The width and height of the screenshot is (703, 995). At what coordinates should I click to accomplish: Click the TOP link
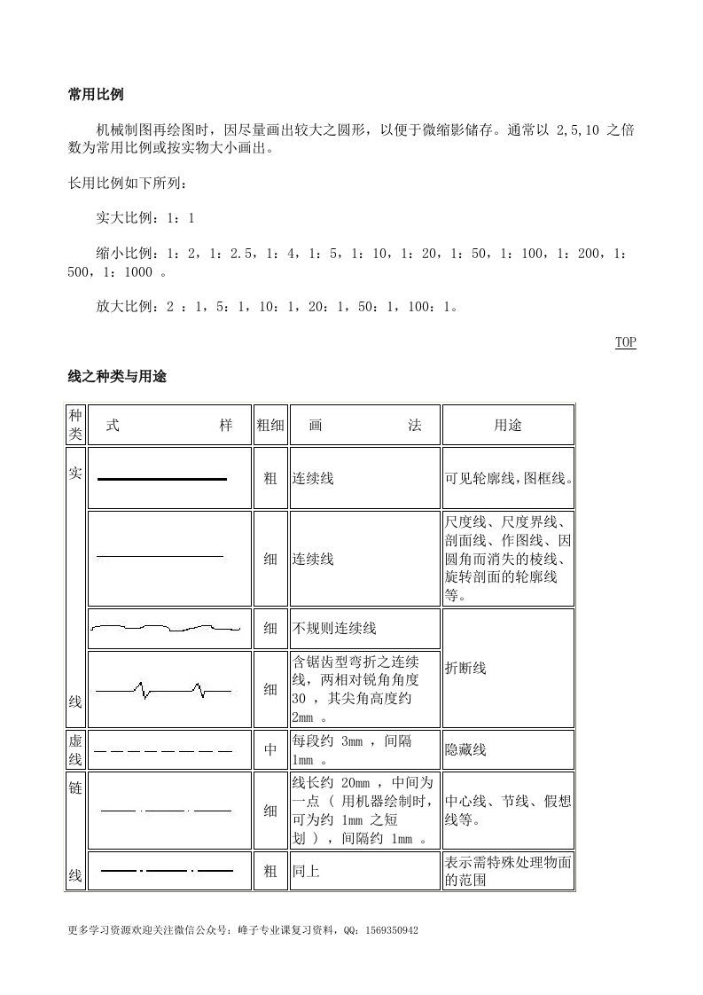625,342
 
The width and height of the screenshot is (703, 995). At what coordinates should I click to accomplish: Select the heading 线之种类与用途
117,377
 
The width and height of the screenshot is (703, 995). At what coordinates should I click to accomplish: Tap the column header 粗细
270,425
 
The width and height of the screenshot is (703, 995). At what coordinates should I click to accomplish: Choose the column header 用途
507,425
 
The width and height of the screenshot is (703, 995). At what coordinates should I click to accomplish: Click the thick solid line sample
162,479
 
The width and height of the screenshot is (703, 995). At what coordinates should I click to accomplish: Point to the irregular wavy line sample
166,629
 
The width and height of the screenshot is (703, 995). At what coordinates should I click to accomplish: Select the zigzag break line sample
164,689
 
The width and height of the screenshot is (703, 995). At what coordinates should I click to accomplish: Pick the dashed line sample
164,751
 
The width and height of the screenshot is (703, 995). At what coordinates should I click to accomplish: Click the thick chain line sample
166,871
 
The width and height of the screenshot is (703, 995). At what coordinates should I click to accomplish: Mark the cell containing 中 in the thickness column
270,750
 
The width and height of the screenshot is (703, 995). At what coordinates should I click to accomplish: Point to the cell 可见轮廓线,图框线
509,479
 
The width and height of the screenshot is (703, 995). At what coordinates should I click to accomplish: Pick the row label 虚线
75,750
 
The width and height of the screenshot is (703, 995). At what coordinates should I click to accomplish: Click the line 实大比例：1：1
145,218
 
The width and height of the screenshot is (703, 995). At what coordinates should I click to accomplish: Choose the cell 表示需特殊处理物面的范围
508,871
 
